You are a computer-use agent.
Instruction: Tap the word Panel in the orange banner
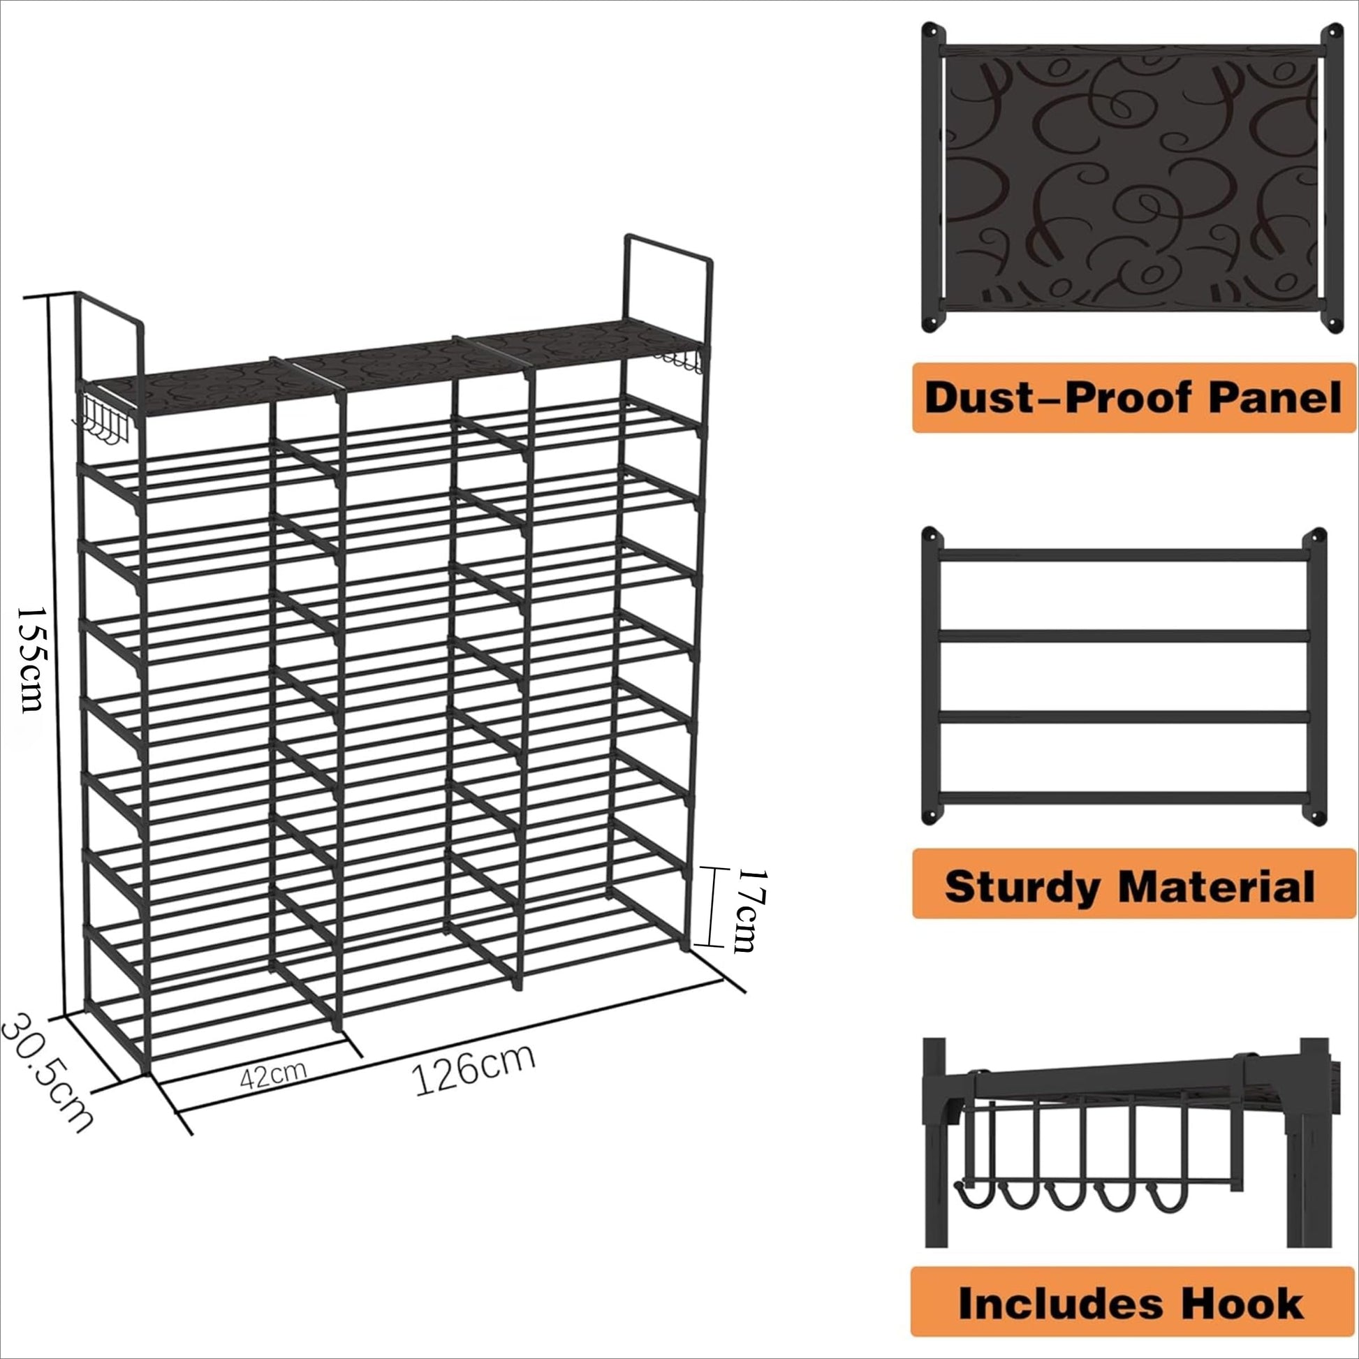[x=1275, y=398]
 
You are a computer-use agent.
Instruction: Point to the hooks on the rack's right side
[x=681, y=362]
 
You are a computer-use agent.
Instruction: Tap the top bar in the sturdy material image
[x=1124, y=555]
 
